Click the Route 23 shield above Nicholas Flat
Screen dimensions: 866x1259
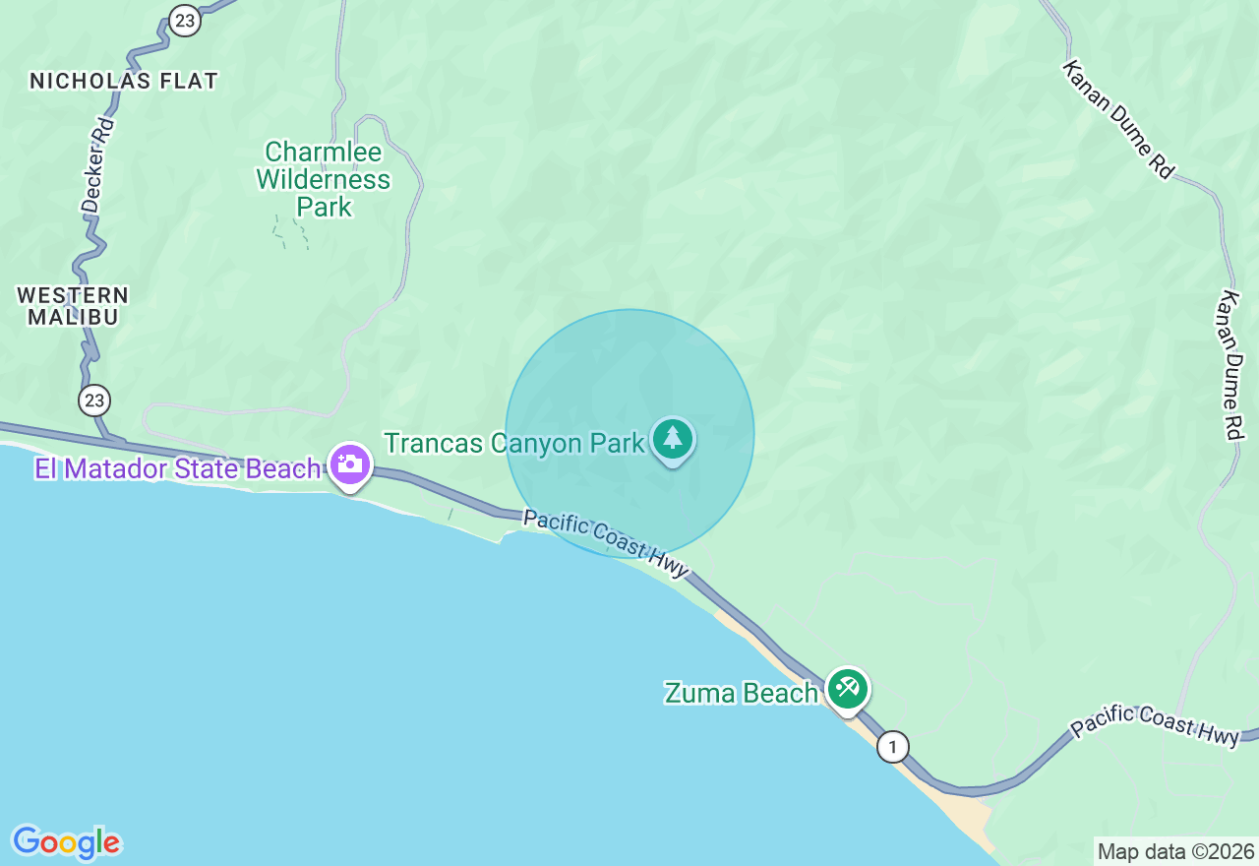point(184,21)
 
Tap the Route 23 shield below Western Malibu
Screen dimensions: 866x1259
point(94,400)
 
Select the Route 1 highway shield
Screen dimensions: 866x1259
point(892,747)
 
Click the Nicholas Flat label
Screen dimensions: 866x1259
point(124,81)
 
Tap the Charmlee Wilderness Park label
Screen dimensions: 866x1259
point(324,179)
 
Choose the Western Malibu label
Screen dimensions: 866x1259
point(73,306)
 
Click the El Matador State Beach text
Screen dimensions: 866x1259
point(178,469)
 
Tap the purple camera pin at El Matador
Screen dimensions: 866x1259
point(349,464)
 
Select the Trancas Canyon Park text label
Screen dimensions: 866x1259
point(514,443)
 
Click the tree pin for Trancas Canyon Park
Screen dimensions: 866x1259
point(673,439)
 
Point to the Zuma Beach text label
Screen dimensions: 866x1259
point(741,693)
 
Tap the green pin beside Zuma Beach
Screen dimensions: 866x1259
point(847,688)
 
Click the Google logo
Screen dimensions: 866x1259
point(66,842)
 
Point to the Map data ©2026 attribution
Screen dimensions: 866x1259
point(1175,851)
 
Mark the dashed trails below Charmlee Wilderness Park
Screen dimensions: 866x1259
point(291,232)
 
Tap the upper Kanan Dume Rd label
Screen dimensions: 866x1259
point(1117,119)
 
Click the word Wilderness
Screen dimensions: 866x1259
point(324,180)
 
